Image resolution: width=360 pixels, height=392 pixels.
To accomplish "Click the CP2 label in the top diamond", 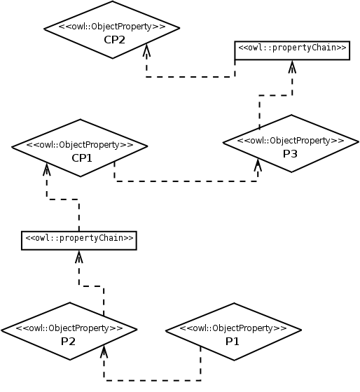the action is (x=114, y=40).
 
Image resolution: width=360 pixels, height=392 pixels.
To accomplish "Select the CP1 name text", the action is (x=82, y=158).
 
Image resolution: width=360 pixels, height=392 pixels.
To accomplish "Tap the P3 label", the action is (x=290, y=154).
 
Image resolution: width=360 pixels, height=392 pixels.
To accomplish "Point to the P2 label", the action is (x=69, y=342).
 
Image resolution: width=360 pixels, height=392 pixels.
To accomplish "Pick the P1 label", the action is (x=233, y=342).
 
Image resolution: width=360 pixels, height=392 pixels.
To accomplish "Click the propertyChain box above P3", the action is (x=292, y=50).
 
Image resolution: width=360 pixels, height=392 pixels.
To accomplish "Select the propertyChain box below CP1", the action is (x=79, y=241).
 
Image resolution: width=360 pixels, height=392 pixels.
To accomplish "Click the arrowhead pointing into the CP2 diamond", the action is (x=146, y=50).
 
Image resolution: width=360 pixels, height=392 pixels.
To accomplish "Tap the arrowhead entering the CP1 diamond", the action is (x=46, y=169).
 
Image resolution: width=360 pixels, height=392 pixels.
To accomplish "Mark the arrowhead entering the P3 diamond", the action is (x=258, y=165).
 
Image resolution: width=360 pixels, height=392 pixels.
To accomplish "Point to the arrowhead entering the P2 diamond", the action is (x=104, y=351).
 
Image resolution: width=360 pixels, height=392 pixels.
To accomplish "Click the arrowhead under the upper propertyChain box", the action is (x=292, y=66).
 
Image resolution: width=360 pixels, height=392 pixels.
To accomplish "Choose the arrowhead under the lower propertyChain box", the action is (x=79, y=256).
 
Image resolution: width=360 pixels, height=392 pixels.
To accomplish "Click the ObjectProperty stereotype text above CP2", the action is (x=112, y=27).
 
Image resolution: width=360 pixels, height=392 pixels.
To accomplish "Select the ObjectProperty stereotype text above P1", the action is (x=233, y=328).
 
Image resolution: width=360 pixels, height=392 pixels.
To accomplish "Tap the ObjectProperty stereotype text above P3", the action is (x=291, y=141).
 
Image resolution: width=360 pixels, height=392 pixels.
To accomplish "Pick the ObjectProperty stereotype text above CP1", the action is (x=80, y=145).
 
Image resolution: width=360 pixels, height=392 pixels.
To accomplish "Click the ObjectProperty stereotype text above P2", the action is (x=69, y=328).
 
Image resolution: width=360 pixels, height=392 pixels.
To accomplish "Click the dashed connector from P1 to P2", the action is (x=152, y=381).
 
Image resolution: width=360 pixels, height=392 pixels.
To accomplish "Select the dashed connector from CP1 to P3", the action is (x=186, y=181).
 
